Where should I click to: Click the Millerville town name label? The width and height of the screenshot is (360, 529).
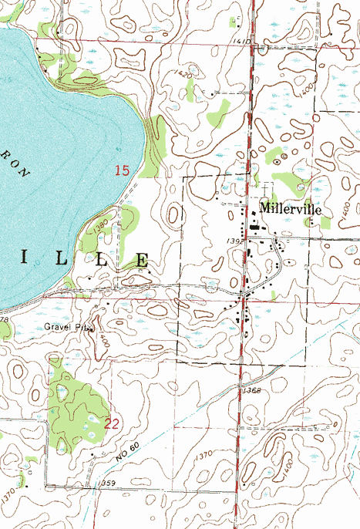pyautogui.click(x=290, y=209)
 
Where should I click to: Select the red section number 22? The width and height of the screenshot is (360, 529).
pyautogui.click(x=111, y=423)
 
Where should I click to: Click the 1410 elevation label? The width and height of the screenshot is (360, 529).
pyautogui.click(x=241, y=41)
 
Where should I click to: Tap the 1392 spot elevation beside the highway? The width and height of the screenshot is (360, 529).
pyautogui.click(x=236, y=241)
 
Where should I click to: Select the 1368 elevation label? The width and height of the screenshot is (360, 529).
pyautogui.click(x=251, y=392)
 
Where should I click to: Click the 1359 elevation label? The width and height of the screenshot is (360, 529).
pyautogui.click(x=108, y=483)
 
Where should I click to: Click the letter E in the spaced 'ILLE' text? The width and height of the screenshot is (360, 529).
pyautogui.click(x=142, y=260)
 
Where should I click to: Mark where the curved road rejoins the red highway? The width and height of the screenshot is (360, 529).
pyautogui.click(x=244, y=297)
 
